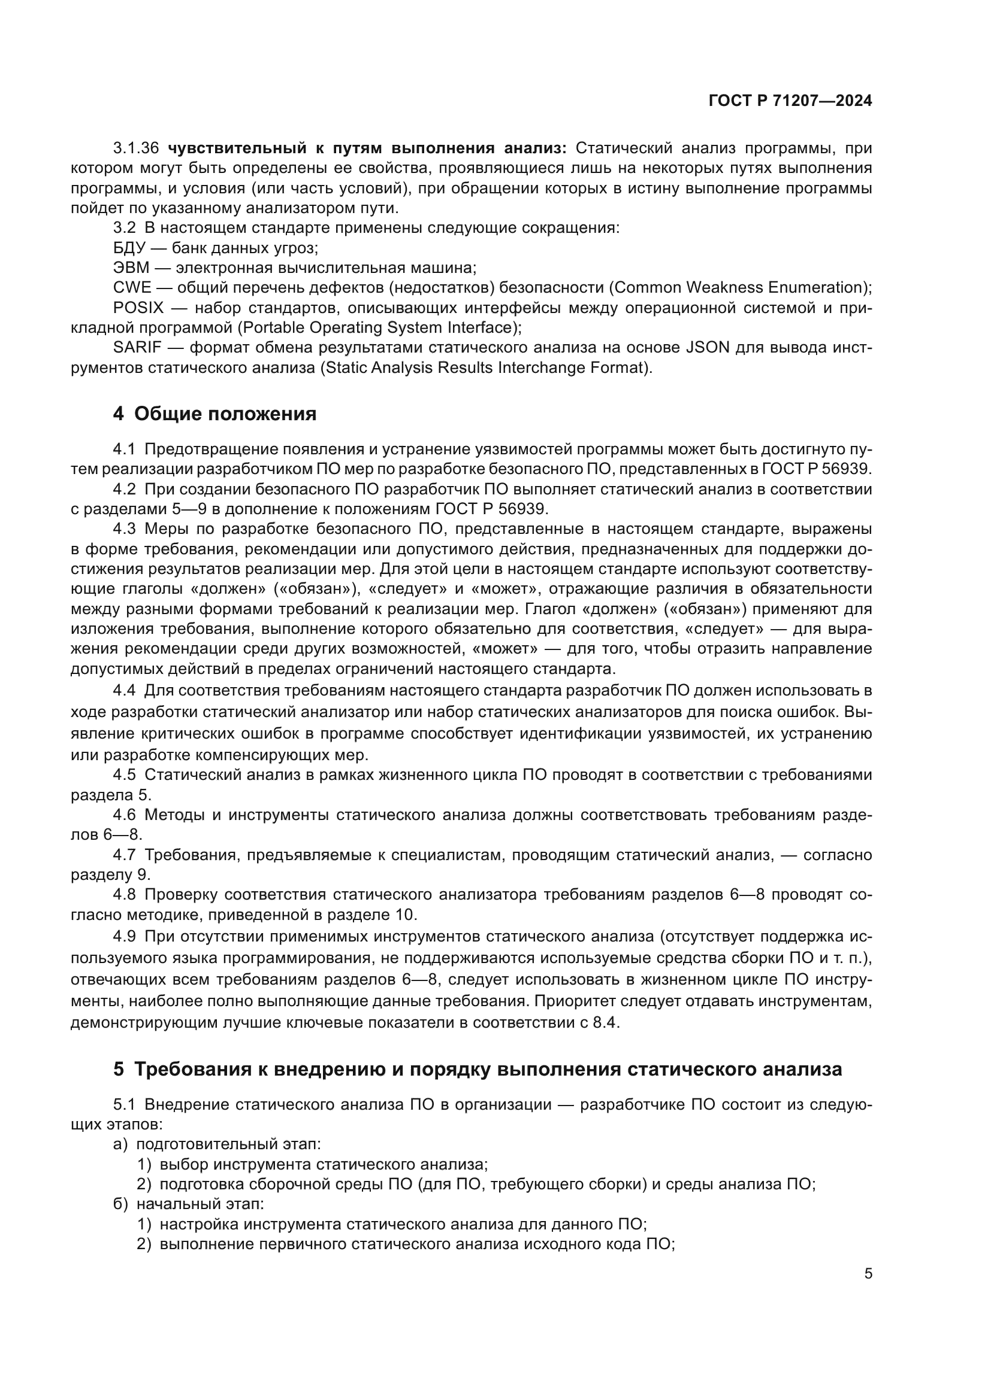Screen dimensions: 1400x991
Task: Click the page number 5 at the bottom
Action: pyautogui.click(x=868, y=1274)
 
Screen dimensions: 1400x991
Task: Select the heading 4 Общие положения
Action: pyautogui.click(x=215, y=414)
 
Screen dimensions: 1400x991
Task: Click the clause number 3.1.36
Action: pyautogui.click(x=136, y=148)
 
